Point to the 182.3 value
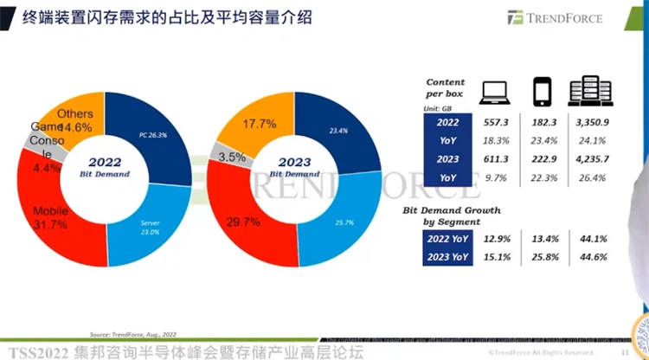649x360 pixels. click(x=543, y=123)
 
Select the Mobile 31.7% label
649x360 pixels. click(x=38, y=217)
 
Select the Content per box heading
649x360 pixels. click(x=447, y=85)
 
